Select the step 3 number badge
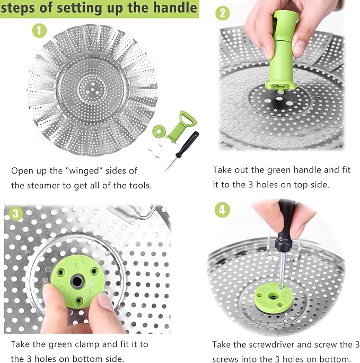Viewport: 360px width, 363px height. point(16,214)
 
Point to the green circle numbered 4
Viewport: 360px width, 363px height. point(222,210)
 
